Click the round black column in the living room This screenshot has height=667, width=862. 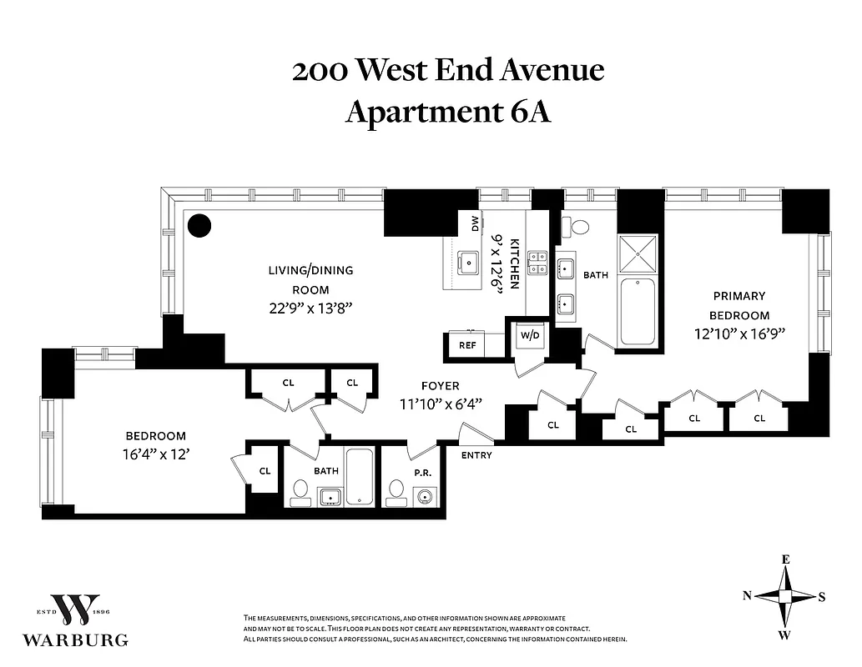(x=199, y=225)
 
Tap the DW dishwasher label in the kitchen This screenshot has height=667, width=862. (x=475, y=223)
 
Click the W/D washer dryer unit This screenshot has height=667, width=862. (x=530, y=336)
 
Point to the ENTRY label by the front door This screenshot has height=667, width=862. (x=476, y=455)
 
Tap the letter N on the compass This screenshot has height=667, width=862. (x=748, y=595)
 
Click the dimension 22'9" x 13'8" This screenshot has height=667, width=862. (x=310, y=308)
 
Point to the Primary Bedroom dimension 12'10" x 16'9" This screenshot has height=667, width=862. (x=738, y=333)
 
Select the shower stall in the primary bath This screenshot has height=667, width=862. (x=638, y=255)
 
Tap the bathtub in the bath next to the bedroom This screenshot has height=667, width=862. (x=360, y=478)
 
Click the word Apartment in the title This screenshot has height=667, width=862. (x=423, y=112)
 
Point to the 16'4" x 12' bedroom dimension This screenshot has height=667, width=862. (x=156, y=454)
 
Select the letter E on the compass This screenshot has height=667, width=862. (x=785, y=559)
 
